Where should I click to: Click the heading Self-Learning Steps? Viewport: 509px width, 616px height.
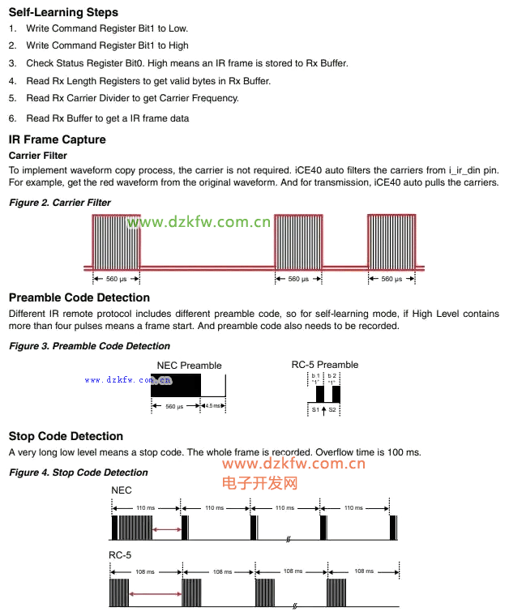click(x=63, y=12)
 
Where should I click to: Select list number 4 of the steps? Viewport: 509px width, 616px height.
click(x=12, y=81)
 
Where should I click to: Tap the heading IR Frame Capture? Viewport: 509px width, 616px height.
click(x=57, y=139)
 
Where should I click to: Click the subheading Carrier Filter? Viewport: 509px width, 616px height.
click(x=37, y=155)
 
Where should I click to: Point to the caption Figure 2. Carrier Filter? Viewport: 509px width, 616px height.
click(x=59, y=202)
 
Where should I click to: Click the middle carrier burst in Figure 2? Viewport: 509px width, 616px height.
click(x=299, y=242)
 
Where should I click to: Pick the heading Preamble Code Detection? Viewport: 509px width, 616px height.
click(x=79, y=298)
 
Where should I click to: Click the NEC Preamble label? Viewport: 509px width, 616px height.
click(x=189, y=366)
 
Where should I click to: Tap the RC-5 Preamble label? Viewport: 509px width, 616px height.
click(x=324, y=365)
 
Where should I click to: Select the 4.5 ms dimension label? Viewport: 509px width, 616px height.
click(x=213, y=406)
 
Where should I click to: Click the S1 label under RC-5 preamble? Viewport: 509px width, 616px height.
click(x=315, y=410)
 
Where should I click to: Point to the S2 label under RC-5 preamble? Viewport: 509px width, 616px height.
click(x=332, y=410)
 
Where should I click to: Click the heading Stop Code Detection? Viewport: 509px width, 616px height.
click(x=66, y=436)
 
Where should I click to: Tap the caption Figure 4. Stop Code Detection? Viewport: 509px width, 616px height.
click(x=78, y=472)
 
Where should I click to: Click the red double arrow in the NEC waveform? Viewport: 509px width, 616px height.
click(x=167, y=529)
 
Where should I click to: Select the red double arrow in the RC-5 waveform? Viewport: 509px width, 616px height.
click(x=155, y=595)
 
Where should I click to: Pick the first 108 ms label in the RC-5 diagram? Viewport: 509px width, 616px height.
click(x=145, y=571)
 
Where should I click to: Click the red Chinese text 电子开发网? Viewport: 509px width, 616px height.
click(x=259, y=483)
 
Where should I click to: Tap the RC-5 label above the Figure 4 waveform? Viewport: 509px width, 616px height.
click(x=120, y=555)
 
